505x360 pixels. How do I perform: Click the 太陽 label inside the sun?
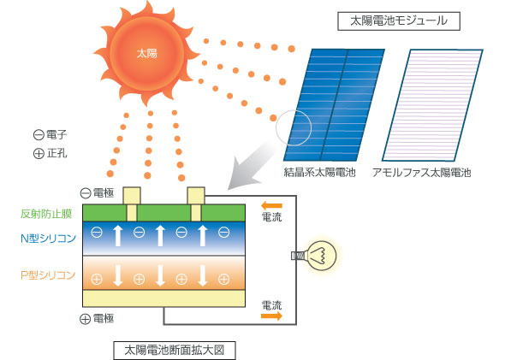pyautogui.click(x=147, y=53)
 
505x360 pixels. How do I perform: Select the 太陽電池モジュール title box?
pyautogui.click(x=399, y=21)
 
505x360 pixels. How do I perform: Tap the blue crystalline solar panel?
pyautogui.click(x=334, y=105)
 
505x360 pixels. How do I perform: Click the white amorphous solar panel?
pyautogui.click(x=432, y=105)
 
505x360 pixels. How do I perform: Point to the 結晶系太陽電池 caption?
pyautogui.click(x=319, y=173)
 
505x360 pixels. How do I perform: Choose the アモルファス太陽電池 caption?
pyautogui.click(x=422, y=173)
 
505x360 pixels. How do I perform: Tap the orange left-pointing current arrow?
pyautogui.click(x=271, y=205)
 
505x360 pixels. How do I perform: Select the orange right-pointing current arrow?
pyautogui.click(x=271, y=316)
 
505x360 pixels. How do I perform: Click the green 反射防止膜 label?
pyautogui.click(x=46, y=214)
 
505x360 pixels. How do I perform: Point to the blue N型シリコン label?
pyautogui.click(x=48, y=239)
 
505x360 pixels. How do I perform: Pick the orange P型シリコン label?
pyautogui.click(x=48, y=275)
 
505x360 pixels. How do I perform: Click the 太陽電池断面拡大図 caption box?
pyautogui.click(x=175, y=351)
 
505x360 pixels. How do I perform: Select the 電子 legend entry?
pyautogui.click(x=50, y=135)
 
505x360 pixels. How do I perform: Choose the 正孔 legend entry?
pyautogui.click(x=50, y=153)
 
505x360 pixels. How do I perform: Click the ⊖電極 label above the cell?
pyautogui.click(x=97, y=192)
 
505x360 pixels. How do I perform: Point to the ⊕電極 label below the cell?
pyautogui.click(x=97, y=318)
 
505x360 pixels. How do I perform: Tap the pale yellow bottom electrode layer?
pyautogui.click(x=164, y=298)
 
